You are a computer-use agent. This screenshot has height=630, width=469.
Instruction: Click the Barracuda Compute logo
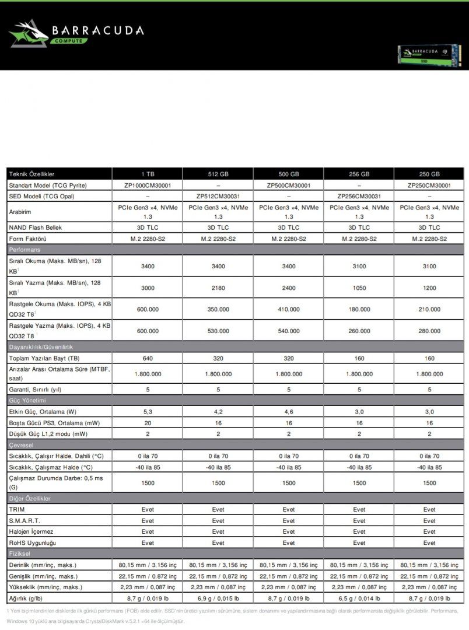pos(76,33)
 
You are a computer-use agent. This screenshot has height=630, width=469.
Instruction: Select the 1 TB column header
pos(148,174)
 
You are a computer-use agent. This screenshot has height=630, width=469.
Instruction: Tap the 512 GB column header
pos(218,174)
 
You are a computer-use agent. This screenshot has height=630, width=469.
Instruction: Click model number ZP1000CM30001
pos(148,185)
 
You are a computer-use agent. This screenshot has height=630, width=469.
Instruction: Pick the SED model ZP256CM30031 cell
pos(359,196)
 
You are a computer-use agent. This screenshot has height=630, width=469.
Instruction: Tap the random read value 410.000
pos(289,309)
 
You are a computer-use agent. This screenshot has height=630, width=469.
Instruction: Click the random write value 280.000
pos(429,331)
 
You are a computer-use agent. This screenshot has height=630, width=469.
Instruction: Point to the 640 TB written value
pos(148,358)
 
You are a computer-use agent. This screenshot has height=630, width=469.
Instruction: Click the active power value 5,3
pos(148,411)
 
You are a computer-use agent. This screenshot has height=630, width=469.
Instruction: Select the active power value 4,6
pos(289,411)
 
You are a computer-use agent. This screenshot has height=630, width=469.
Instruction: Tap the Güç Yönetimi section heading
pos(27,401)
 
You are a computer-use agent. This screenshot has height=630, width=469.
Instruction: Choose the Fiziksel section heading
pos(20,553)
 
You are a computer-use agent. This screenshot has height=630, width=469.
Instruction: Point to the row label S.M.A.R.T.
pos(24,520)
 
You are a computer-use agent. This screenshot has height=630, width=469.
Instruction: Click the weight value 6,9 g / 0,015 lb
pos(218,598)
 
